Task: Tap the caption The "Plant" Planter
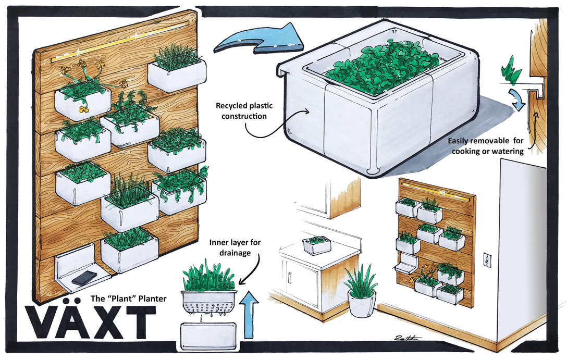tap(129, 299)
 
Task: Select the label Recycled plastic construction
tap(244, 110)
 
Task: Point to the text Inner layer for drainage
tap(235, 247)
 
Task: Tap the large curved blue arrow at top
tap(256, 39)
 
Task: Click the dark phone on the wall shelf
tap(83, 278)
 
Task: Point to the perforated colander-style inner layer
tap(208, 302)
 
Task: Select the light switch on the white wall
tap(488, 259)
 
